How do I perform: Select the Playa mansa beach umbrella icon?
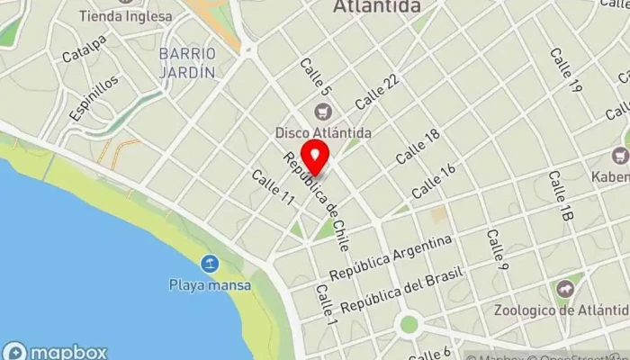click(210, 264)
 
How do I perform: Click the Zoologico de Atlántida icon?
click(564, 289)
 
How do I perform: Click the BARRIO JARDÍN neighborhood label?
click(187, 63)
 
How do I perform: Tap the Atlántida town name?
click(376, 7)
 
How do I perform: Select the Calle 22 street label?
click(376, 91)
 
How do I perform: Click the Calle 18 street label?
click(418, 146)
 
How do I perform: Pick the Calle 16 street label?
click(434, 182)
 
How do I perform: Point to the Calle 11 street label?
click(273, 191)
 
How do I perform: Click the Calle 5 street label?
click(316, 78)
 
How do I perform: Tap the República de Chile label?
click(317, 201)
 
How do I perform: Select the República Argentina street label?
click(390, 257)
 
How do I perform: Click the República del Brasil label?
click(408, 290)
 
